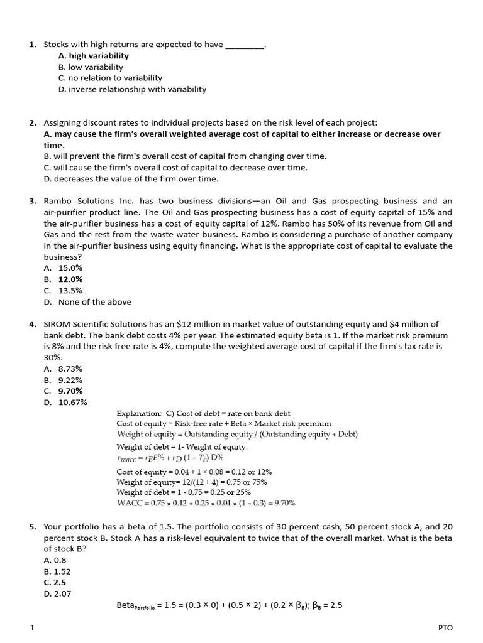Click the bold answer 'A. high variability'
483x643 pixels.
coord(93,56)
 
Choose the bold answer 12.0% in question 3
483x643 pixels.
coord(70,279)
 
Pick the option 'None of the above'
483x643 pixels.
coord(94,302)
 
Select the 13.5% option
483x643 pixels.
coord(70,291)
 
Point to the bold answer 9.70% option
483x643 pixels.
coord(70,391)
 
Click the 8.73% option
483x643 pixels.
coord(70,369)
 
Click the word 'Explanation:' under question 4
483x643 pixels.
coord(139,413)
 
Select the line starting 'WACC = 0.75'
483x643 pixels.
coord(206,503)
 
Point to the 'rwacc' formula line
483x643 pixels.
coord(170,458)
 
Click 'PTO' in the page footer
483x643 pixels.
coord(445,627)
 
